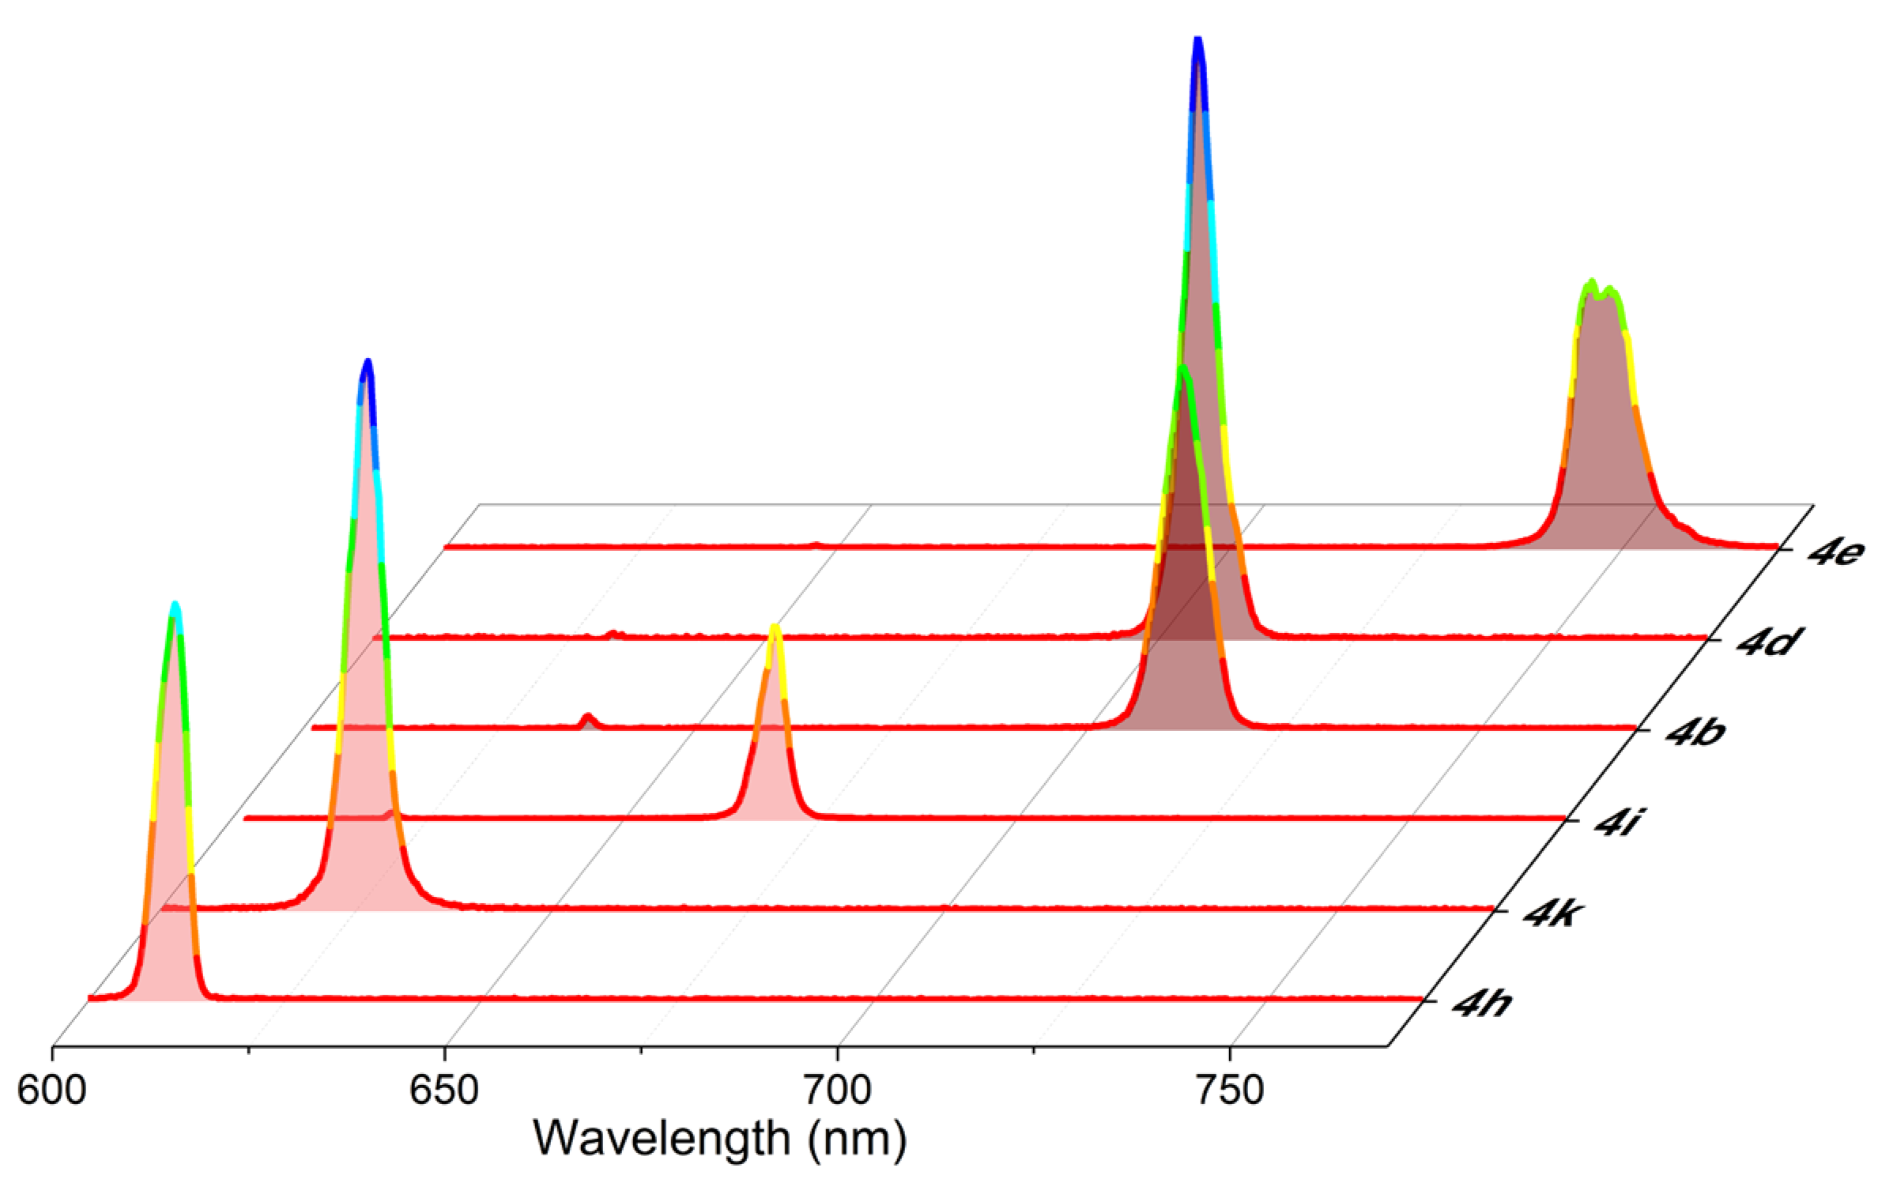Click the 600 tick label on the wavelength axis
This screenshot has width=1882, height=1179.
[52, 1090]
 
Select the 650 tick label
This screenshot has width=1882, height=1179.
[444, 1090]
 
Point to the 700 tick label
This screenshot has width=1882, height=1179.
[837, 1090]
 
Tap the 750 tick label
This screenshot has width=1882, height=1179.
[1230, 1090]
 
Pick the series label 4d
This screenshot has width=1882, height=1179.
[1767, 642]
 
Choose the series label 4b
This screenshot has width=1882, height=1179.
[1696, 732]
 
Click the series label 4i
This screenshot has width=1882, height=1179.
[1617, 823]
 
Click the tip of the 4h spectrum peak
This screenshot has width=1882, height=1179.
[175, 606]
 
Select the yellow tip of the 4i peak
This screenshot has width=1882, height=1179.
[775, 628]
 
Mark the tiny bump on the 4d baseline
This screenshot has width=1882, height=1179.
[613, 633]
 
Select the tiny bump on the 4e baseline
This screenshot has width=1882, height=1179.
[817, 544]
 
